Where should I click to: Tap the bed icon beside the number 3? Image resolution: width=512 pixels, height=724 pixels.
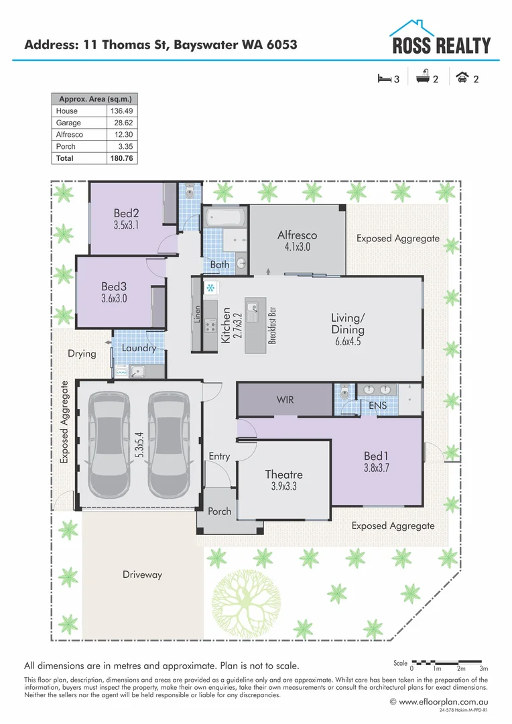[384, 79]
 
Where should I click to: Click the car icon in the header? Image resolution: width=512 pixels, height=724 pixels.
[462, 78]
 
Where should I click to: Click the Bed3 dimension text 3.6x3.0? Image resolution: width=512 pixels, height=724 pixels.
[114, 299]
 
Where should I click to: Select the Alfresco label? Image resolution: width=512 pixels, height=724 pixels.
[297, 235]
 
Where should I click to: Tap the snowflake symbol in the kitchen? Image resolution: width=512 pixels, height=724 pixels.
[210, 288]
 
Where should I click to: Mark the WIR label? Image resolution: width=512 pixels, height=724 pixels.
[285, 400]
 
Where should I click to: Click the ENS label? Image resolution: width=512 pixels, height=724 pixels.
[377, 406]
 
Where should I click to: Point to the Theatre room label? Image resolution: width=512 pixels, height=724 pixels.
[283, 475]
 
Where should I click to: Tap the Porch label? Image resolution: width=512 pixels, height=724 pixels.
[219, 511]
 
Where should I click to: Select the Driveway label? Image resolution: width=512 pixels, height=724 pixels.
[142, 575]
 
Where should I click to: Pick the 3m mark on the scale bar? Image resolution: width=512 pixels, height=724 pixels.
[484, 669]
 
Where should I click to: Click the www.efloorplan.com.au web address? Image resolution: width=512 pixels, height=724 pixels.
[438, 702]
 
